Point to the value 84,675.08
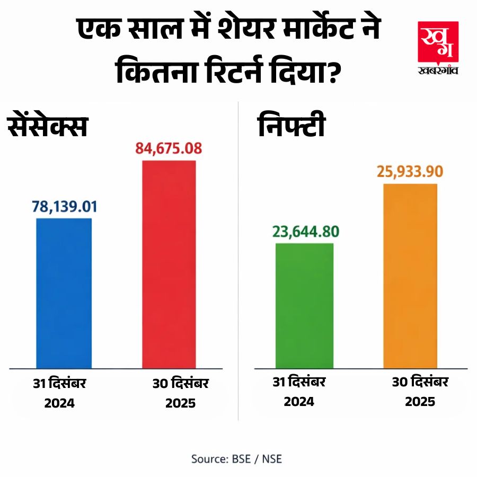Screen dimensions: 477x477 (169, 148)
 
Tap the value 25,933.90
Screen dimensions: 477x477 (410, 172)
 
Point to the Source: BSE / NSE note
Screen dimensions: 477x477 (236, 458)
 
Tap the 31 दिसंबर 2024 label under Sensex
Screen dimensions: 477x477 (59, 392)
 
